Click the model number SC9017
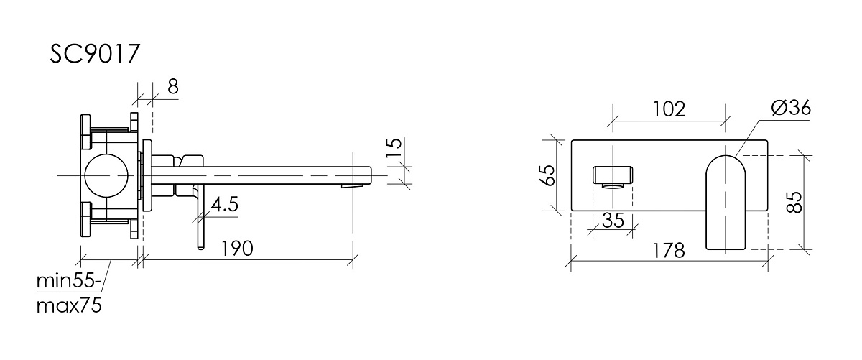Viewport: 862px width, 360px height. coord(94,54)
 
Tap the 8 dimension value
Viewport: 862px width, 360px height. coord(173,87)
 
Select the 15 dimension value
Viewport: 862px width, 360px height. coord(394,147)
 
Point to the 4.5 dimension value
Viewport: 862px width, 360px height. coord(225,204)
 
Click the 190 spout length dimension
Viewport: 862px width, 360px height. coord(238,249)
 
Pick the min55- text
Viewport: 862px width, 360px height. coord(69,281)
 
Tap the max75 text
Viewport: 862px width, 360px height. coord(69,306)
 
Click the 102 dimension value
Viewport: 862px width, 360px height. coord(669,109)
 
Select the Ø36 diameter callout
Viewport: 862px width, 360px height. coord(791,107)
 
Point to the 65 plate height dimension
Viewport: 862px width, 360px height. coord(548,175)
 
